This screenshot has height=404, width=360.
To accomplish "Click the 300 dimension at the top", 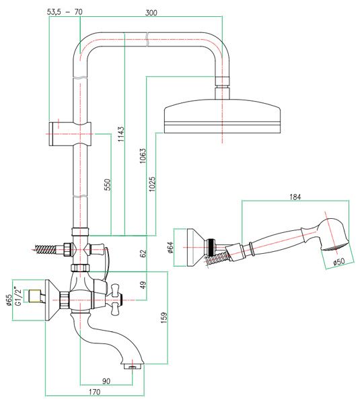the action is pyautogui.click(x=151, y=13).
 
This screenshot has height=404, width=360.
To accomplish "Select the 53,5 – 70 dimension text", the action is pyautogui.click(x=65, y=12).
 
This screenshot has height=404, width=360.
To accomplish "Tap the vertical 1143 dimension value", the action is pyautogui.click(x=120, y=134).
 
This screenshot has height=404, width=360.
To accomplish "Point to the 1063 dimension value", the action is pyautogui.click(x=142, y=156).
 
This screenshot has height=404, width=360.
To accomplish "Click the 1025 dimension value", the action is pyautogui.click(x=152, y=184).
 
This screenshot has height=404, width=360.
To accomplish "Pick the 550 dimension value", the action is pyautogui.click(x=107, y=184).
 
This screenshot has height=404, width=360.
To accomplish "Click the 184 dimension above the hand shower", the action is pyautogui.click(x=295, y=197).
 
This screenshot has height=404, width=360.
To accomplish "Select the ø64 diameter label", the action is pyautogui.click(x=170, y=247).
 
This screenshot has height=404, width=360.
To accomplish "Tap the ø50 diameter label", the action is pyautogui.click(x=339, y=261).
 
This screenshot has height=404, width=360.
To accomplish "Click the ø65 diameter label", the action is pyautogui.click(x=8, y=300).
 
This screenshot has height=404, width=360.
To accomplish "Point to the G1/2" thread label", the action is pyautogui.click(x=17, y=296).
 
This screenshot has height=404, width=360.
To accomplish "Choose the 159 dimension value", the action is pyautogui.click(x=164, y=318).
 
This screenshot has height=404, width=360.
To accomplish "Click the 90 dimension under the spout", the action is pyautogui.click(x=106, y=381).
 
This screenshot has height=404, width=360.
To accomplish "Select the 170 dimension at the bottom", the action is pyautogui.click(x=94, y=392).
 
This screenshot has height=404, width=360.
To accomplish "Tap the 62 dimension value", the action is pyautogui.click(x=143, y=253).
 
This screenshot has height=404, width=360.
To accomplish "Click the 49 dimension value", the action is pyautogui.click(x=143, y=285).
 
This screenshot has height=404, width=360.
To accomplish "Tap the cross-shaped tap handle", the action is pyautogui.click(x=116, y=300).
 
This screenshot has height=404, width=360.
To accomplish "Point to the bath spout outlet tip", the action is pyautogui.click(x=133, y=367).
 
